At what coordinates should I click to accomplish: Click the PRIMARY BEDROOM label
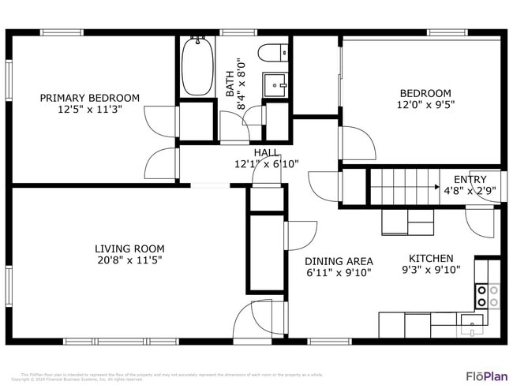90,98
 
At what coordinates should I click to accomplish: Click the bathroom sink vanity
276,82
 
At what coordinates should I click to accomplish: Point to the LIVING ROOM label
129,248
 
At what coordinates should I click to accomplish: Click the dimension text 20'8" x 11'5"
129,260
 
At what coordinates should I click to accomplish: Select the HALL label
266,152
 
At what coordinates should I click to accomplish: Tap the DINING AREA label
339,261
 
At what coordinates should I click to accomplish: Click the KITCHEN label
430,258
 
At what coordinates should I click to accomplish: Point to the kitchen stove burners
486,296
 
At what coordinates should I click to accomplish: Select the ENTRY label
470,179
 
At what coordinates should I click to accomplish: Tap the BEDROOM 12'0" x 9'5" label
425,98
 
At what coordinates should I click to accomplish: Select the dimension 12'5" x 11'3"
90,110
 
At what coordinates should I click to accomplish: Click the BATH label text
230,82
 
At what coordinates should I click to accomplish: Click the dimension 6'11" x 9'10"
339,273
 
